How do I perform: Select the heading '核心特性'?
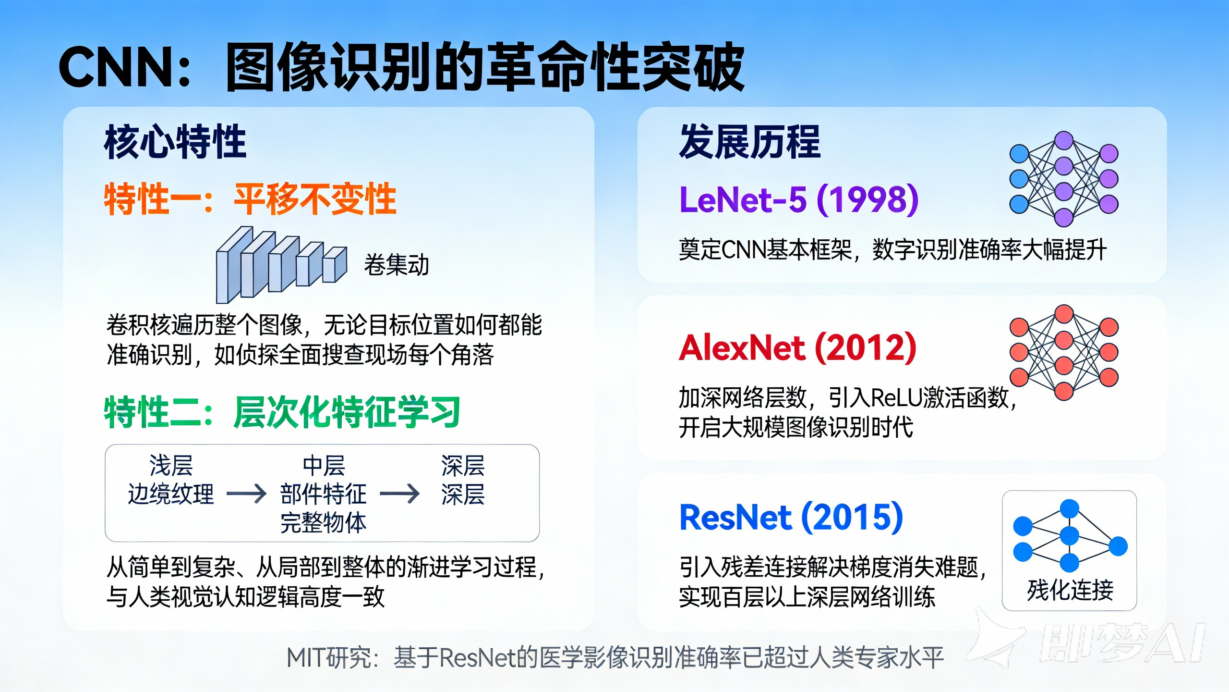click(175, 142)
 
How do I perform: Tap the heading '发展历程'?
click(749, 142)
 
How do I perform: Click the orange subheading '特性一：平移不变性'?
click(250, 199)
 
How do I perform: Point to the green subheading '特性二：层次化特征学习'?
click(282, 412)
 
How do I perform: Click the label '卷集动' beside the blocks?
click(396, 265)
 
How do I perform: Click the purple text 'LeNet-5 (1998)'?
click(798, 199)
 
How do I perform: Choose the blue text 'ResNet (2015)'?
click(791, 518)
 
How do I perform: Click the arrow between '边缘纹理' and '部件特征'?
click(246, 494)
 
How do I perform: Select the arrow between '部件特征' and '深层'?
click(399, 494)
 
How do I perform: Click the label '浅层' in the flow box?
click(171, 465)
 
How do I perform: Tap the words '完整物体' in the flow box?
click(323, 523)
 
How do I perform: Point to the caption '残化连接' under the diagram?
click(1070, 590)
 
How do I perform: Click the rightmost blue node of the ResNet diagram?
click(1118, 546)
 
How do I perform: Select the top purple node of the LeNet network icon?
click(1064, 141)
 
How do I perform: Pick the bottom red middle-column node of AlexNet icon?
click(1064, 391)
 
